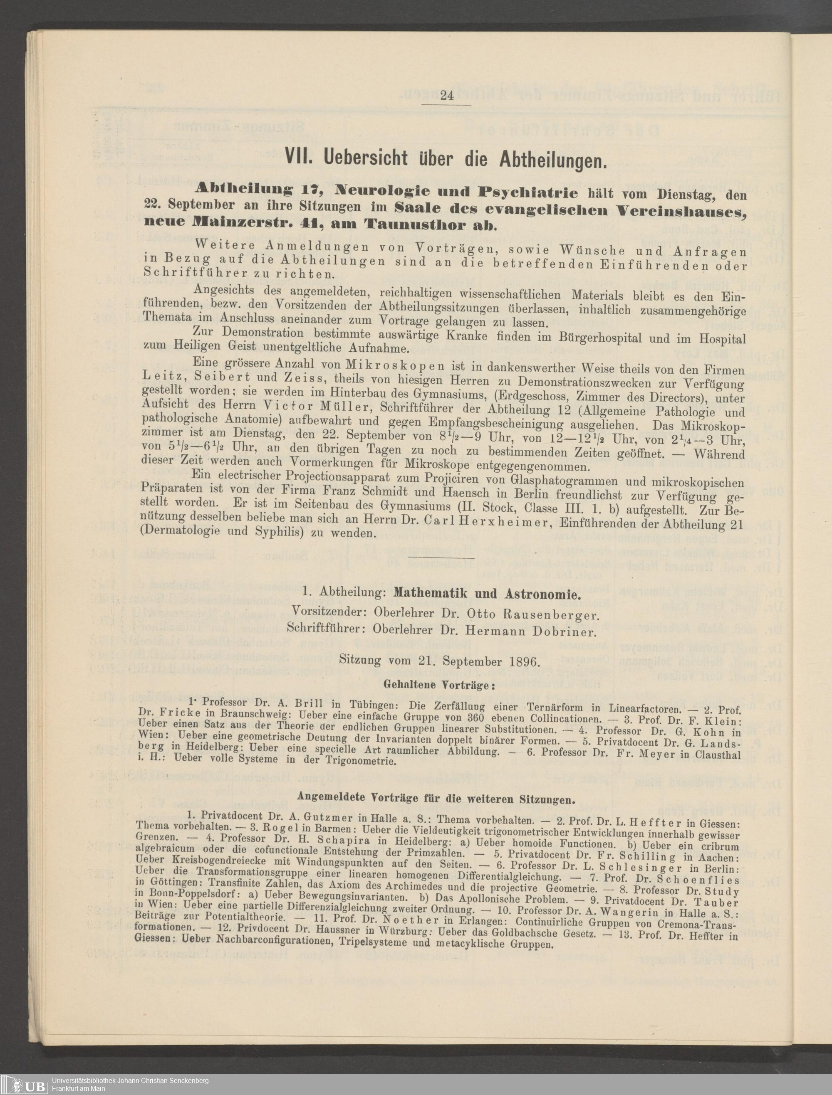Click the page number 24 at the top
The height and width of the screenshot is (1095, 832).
point(446,96)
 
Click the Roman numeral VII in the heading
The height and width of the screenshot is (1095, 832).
point(297,158)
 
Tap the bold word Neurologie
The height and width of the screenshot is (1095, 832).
point(377,190)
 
